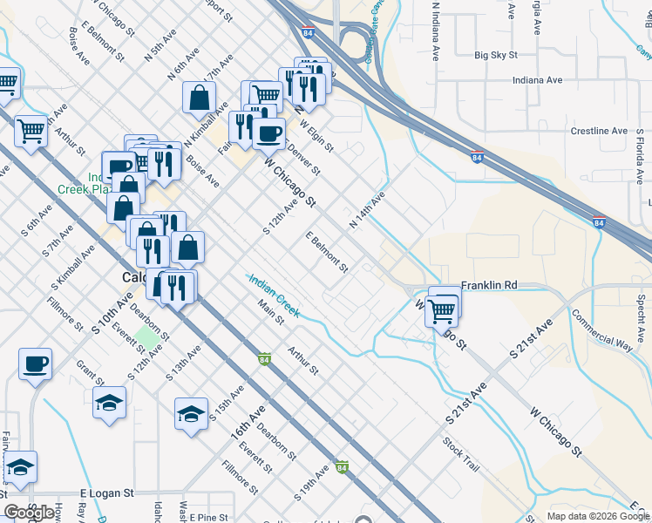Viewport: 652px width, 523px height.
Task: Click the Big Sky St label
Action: (x=496, y=55)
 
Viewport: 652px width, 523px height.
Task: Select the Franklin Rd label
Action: (x=489, y=285)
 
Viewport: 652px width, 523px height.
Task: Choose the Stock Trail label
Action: (x=460, y=453)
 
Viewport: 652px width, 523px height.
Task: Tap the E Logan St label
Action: (x=105, y=492)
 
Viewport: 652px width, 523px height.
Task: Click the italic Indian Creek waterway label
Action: (x=274, y=295)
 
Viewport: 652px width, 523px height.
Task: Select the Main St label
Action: (x=271, y=313)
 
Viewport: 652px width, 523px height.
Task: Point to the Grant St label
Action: (x=89, y=375)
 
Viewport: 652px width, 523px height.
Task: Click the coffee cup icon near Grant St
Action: (x=35, y=363)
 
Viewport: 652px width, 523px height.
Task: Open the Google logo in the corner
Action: (x=30, y=513)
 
